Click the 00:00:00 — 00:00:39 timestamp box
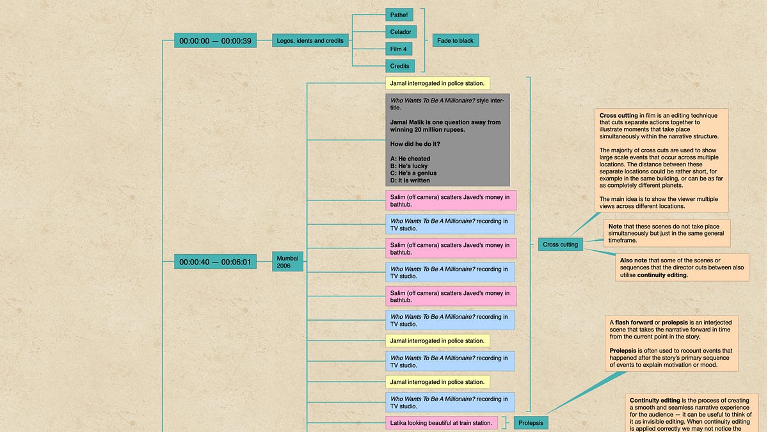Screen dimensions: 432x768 206,40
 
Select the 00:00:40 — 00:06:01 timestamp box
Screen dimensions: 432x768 206,262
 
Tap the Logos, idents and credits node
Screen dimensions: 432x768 310,40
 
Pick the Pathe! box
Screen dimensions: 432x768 399,14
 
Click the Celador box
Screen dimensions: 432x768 401,31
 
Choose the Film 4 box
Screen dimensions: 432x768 399,49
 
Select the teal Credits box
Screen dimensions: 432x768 400,66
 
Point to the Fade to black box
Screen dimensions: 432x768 455,40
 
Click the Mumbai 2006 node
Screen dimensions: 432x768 287,262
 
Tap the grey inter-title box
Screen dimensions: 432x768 447,140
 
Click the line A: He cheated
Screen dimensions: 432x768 410,159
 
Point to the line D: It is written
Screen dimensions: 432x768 410,180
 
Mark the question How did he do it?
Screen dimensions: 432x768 415,144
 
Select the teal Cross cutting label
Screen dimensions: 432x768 560,244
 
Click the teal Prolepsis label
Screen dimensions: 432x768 531,422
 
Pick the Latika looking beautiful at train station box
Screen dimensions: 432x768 442,422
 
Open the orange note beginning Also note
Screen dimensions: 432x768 682,268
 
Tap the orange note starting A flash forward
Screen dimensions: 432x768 671,343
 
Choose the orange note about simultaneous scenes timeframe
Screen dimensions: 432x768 667,234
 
